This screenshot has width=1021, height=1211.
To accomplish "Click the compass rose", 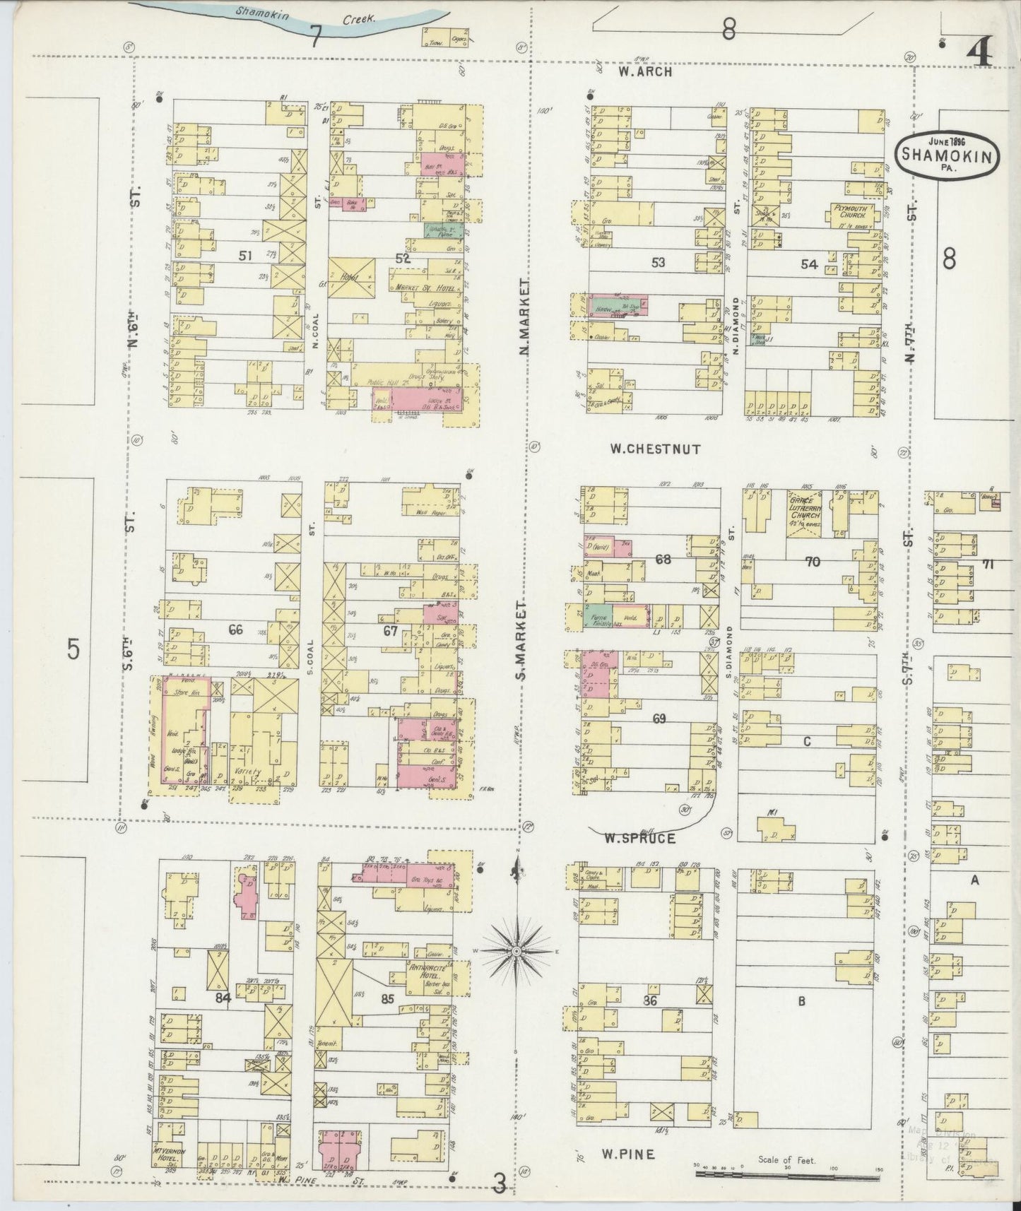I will (x=517, y=952).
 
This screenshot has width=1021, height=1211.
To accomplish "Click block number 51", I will (x=244, y=256).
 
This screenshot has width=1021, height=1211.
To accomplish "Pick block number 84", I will (x=224, y=998).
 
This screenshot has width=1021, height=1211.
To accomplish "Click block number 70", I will (x=813, y=562).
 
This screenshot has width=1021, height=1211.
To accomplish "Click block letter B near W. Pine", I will (x=802, y=1000).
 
